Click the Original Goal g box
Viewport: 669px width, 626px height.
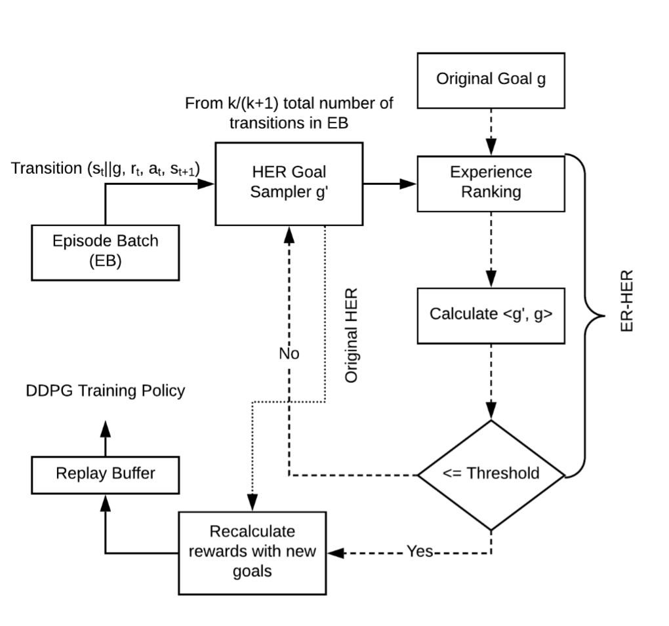pos(491,79)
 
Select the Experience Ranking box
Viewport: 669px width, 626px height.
pos(491,183)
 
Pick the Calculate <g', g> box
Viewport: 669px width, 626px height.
pos(491,314)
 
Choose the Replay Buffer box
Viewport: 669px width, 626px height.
pos(105,473)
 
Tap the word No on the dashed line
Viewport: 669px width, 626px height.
pos(289,353)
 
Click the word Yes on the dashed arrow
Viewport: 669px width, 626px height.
pos(419,551)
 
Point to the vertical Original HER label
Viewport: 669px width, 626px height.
pos(352,334)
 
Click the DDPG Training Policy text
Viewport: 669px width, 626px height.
pos(105,391)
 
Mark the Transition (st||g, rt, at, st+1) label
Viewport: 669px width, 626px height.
pos(106,168)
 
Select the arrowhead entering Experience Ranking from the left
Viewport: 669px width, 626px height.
pos(409,184)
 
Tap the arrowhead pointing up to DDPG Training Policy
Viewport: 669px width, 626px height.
pos(106,429)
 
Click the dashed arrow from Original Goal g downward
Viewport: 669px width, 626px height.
pos(491,131)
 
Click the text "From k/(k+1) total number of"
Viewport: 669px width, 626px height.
pos(289,104)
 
